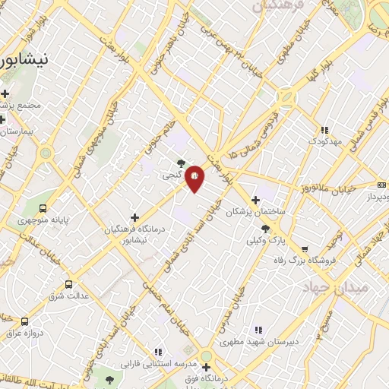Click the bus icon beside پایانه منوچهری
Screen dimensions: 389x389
(43, 207)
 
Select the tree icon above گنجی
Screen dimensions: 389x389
(181, 162)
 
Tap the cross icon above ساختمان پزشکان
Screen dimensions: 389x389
(255, 198)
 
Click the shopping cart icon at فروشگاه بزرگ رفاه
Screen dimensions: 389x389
(305, 248)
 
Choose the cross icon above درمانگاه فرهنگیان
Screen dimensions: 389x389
(134, 217)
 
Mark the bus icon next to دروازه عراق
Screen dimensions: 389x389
(25, 321)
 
